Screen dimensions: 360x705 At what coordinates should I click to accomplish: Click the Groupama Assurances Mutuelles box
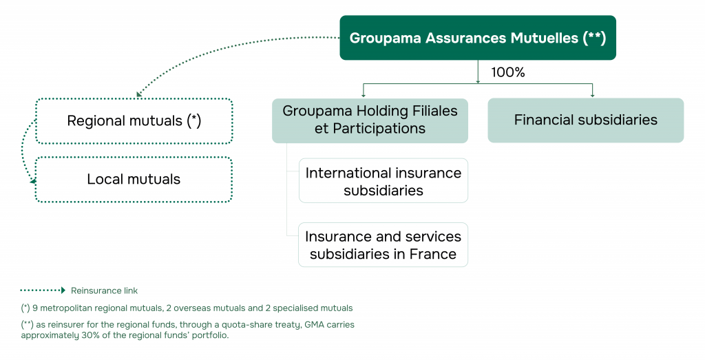[477, 38]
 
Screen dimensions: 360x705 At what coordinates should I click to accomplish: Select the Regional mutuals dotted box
[134, 121]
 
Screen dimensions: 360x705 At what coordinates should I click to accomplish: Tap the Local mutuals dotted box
[134, 180]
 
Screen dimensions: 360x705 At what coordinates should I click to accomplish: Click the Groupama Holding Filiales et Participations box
[370, 120]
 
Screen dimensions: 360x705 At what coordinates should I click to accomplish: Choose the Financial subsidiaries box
[585, 120]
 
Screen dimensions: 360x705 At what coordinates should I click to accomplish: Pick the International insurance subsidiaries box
[383, 181]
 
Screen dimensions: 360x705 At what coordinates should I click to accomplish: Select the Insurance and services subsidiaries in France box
[383, 245]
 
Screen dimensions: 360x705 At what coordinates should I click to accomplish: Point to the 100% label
[508, 72]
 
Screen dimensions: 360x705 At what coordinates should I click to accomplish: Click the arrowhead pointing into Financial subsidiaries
[592, 94]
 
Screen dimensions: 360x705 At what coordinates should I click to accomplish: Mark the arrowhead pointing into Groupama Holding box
[364, 94]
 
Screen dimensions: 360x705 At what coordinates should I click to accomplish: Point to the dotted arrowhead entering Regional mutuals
[139, 94]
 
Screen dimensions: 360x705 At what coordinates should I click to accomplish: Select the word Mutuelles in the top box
[544, 39]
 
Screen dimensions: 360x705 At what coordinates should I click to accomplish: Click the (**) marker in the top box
[593, 39]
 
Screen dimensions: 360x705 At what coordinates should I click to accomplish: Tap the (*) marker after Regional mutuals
[193, 121]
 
